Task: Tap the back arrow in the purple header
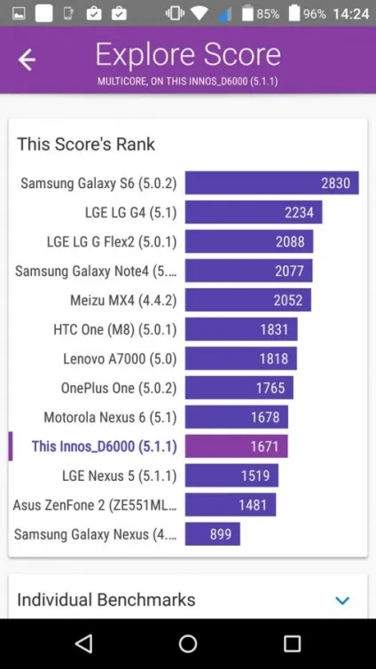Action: (27, 59)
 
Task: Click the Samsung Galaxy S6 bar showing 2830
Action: (271, 183)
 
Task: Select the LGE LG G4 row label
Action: (131, 212)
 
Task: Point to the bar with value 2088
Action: (249, 241)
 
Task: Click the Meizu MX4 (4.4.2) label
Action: (123, 301)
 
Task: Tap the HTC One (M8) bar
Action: (241, 329)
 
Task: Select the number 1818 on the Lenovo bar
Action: (274, 358)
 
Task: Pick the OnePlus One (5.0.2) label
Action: (119, 389)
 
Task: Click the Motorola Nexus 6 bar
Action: (237, 417)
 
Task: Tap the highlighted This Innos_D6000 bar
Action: (236, 446)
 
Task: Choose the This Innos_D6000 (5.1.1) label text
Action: (105, 446)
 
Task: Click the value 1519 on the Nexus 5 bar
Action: (255, 476)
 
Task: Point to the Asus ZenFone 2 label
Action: (95, 505)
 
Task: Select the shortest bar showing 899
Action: (212, 534)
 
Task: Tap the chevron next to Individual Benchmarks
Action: (342, 601)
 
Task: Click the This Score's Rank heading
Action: (86, 145)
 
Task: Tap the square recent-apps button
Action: (292, 643)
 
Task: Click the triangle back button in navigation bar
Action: (83, 643)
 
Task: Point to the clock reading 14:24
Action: (351, 14)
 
